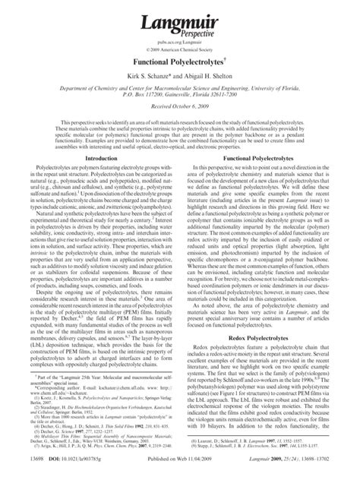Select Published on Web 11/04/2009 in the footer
pyautogui.click(x=180, y=471)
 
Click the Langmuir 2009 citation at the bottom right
pyautogui.click(x=299, y=471)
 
